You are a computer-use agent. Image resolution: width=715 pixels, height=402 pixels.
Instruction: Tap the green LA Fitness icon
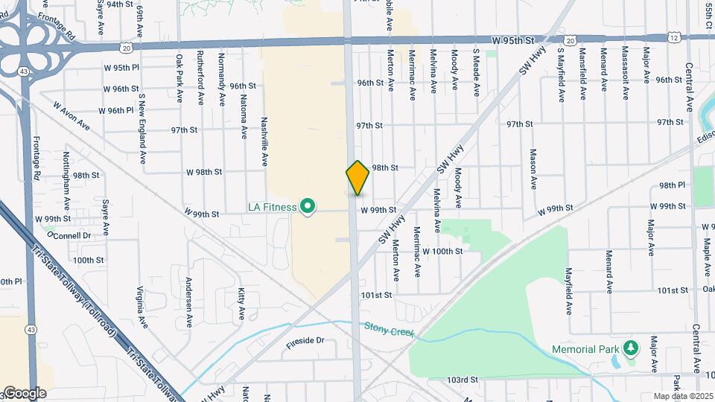pyautogui.click(x=307, y=207)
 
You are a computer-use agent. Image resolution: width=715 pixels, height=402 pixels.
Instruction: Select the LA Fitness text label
pyautogui.click(x=273, y=207)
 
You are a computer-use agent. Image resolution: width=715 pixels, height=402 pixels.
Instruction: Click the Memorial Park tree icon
pyautogui.click(x=631, y=348)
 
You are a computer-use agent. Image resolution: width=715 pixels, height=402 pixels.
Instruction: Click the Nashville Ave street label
pyautogui.click(x=264, y=141)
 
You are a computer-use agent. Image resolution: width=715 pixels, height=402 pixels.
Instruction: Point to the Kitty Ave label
pyautogui.click(x=241, y=304)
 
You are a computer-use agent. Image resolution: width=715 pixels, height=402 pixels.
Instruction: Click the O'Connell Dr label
pyautogui.click(x=69, y=235)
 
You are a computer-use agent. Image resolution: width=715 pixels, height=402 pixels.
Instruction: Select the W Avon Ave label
pyautogui.click(x=71, y=116)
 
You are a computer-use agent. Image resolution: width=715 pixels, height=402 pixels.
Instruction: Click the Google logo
pyautogui.click(x=24, y=392)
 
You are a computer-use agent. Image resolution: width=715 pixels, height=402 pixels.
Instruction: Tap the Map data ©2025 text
pyautogui.click(x=682, y=395)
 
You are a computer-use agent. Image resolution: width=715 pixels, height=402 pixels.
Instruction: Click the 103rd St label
pyautogui.click(x=462, y=380)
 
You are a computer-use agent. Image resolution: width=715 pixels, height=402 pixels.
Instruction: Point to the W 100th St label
pyautogui.click(x=442, y=252)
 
